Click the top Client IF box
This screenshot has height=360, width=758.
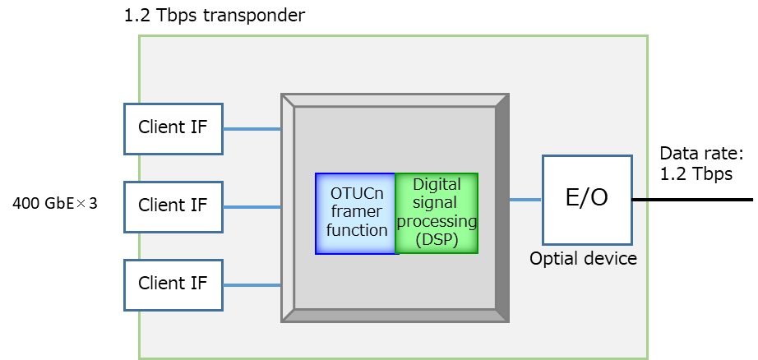173,128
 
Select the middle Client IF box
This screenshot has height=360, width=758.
173,206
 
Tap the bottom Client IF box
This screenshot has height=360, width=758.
173,284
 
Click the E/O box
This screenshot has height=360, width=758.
587,199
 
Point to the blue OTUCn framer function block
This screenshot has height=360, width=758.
355,213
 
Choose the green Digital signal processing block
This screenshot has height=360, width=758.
437,213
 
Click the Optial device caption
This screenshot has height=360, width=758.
583,259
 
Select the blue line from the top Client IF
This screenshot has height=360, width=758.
252,129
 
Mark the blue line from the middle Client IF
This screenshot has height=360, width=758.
252,207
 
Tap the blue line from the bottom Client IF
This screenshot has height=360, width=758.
252,285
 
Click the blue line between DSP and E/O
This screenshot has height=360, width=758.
525,200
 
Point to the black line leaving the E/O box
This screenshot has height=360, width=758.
640,200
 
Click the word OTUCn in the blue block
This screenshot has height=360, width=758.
357,195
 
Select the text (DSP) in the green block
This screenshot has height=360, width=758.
437,240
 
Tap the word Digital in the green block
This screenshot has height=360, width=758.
437,185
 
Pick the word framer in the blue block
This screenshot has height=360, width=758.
357,212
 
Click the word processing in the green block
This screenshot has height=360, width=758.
437,222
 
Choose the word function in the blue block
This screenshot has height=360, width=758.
357,230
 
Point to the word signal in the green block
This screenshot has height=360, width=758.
437,203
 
